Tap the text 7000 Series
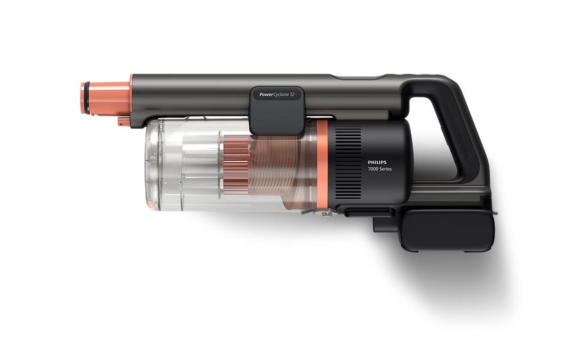380,169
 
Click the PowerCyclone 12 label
277,95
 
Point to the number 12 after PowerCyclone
292,95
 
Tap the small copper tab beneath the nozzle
122,121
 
